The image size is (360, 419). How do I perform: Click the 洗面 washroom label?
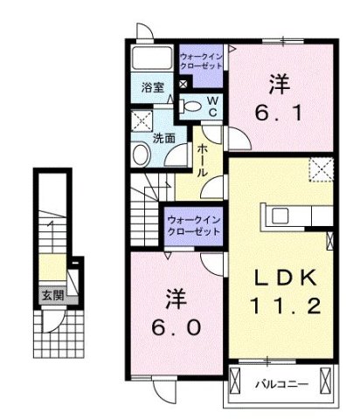coord(163,138)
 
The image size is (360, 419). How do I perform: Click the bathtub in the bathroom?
coord(152,60)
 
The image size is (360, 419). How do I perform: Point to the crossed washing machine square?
coord(142,120)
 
